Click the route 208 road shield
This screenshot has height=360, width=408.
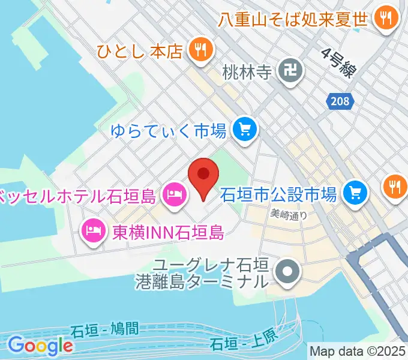(339, 101)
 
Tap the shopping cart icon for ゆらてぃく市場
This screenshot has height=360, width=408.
(244, 129)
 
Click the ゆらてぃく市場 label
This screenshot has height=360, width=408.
(169, 130)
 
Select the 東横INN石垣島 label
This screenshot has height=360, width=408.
(169, 231)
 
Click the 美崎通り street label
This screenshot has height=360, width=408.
(288, 212)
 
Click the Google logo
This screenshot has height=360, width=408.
(40, 345)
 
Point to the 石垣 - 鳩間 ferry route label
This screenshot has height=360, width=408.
(104, 330)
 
